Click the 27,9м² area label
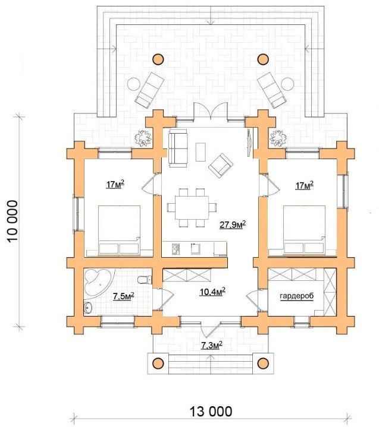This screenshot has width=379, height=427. [233, 224]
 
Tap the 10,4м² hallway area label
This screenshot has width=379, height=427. [212, 292]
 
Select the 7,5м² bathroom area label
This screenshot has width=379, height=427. [123, 296]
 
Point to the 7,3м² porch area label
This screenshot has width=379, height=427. [212, 345]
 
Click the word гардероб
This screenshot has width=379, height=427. [297, 296]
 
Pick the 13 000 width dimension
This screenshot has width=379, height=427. [211, 411]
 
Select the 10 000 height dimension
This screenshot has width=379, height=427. [13, 221]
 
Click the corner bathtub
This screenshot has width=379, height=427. [98, 281]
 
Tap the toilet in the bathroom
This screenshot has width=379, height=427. [145, 280]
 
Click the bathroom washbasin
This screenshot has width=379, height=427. [88, 308]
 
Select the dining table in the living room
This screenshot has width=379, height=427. [192, 207]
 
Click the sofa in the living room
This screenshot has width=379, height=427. [178, 148]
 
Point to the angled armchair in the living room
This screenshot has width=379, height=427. [221, 165]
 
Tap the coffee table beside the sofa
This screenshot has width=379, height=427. [201, 151]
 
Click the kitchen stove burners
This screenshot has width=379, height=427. [176, 249]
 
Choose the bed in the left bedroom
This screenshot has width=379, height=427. [119, 230]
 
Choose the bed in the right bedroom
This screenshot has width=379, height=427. [304, 230]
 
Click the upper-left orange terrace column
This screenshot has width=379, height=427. [158, 59]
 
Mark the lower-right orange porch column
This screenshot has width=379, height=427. [263, 363]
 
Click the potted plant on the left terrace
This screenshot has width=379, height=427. [143, 138]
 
